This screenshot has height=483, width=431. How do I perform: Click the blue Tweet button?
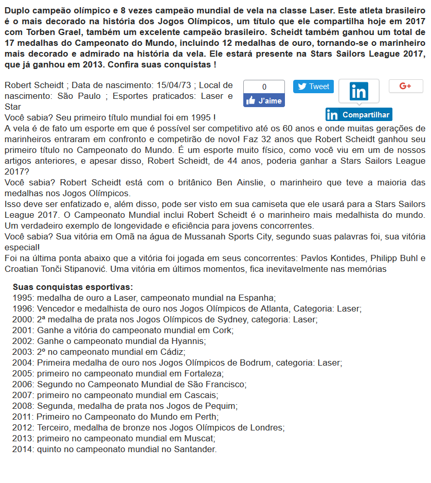(x=313, y=87)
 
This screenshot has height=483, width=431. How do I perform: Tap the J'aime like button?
(x=264, y=100)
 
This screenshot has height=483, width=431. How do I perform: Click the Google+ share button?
(x=405, y=86)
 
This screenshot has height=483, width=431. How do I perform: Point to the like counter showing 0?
(x=264, y=87)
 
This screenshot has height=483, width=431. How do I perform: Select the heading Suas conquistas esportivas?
(x=73, y=287)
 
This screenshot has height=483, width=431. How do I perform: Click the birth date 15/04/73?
(x=190, y=85)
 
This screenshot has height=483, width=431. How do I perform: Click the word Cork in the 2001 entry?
(x=223, y=330)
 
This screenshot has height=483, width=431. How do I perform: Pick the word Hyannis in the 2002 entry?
(x=189, y=341)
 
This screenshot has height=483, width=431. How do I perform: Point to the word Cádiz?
(x=172, y=352)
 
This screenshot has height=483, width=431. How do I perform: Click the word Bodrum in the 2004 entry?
(x=253, y=363)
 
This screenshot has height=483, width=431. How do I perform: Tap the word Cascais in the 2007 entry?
(x=200, y=395)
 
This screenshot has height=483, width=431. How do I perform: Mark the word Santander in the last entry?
(x=196, y=449)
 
